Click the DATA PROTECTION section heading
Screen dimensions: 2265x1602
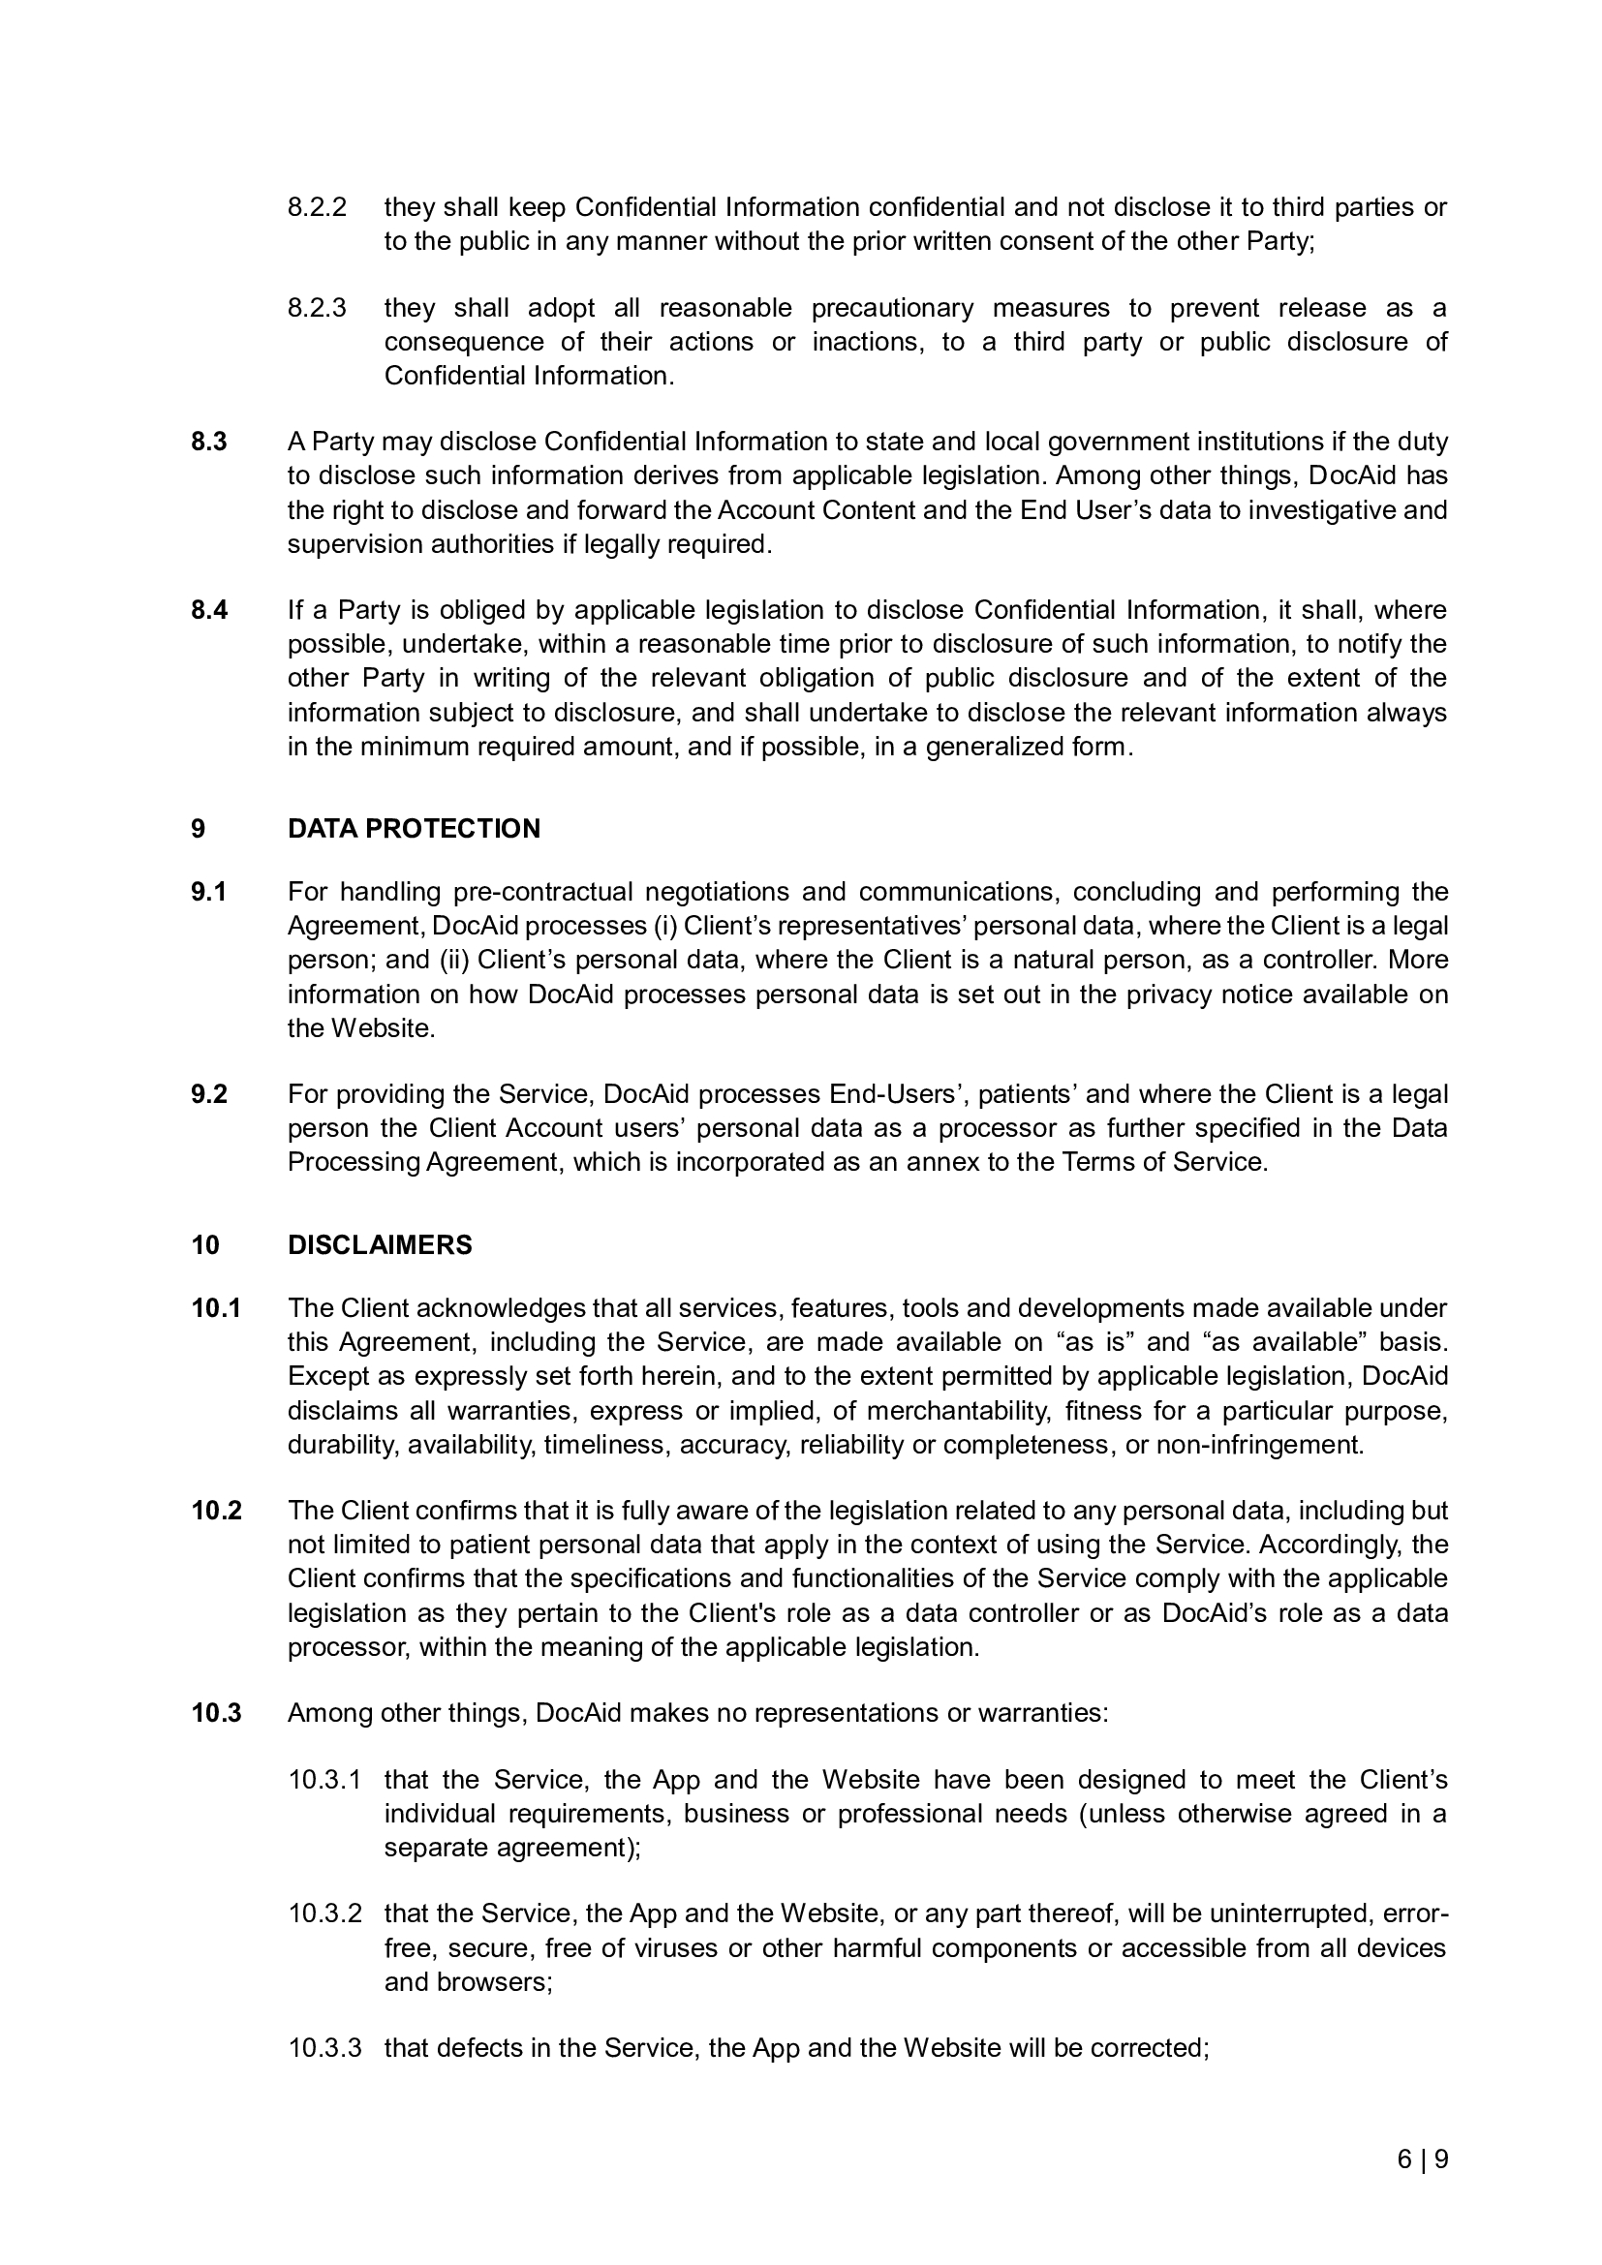pyautogui.click(x=414, y=829)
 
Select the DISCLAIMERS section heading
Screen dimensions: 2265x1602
pyautogui.click(x=380, y=1245)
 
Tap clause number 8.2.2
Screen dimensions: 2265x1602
pyautogui.click(x=317, y=207)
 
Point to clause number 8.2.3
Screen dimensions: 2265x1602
pyautogui.click(x=317, y=308)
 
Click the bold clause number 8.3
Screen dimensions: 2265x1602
pyautogui.click(x=209, y=441)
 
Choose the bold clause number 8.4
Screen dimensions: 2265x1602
pyautogui.click(x=209, y=610)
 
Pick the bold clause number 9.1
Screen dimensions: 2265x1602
pyautogui.click(x=209, y=892)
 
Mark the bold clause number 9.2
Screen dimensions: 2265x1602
pyautogui.click(x=209, y=1094)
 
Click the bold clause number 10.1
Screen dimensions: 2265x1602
pyautogui.click(x=216, y=1308)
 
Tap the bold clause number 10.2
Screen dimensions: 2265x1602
pyautogui.click(x=216, y=1511)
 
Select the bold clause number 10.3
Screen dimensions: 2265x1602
pyautogui.click(x=216, y=1713)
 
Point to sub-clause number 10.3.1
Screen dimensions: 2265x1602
pyautogui.click(x=324, y=1780)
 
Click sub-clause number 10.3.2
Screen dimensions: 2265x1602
pyautogui.click(x=324, y=1913)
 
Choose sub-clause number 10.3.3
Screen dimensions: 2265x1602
pyautogui.click(x=324, y=2048)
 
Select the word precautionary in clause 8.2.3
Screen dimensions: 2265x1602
pyautogui.click(x=892, y=308)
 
